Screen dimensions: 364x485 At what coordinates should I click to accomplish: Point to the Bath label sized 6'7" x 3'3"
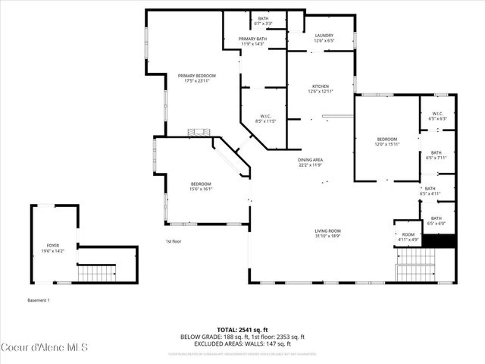pyautogui.click(x=263, y=20)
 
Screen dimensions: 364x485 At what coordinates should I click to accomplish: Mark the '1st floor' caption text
pyautogui.click(x=174, y=241)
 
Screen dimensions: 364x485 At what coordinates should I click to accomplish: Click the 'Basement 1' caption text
pyautogui.click(x=39, y=300)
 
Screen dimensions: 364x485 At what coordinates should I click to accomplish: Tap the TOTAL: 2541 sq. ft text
pyautogui.click(x=242, y=330)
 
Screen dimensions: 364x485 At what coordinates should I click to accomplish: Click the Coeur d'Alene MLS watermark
pyautogui.click(x=45, y=347)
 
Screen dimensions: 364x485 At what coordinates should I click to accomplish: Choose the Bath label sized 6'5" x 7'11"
pyautogui.click(x=436, y=155)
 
